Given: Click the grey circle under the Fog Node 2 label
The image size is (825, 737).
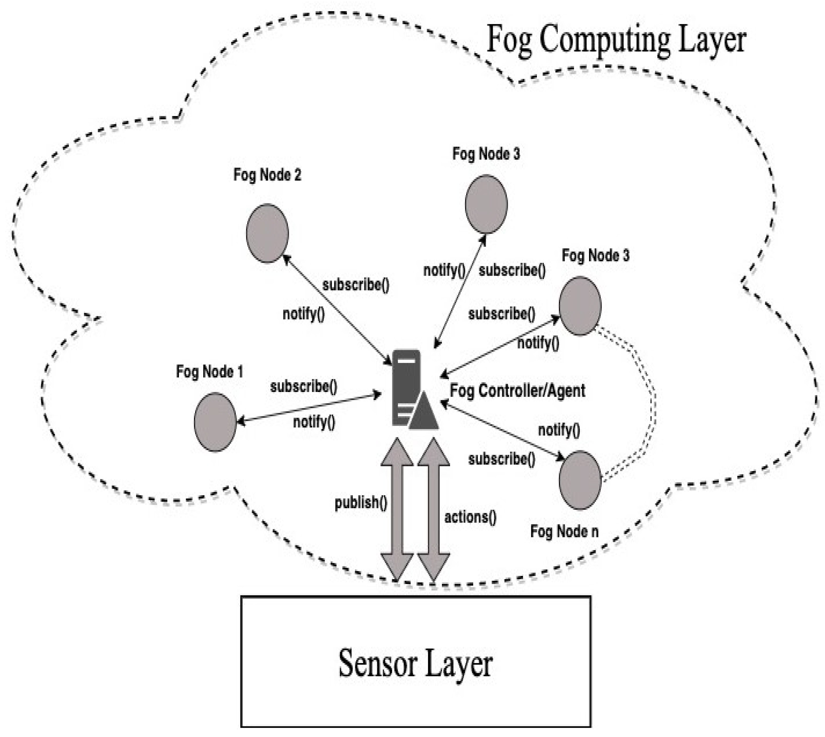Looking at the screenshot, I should (267, 233).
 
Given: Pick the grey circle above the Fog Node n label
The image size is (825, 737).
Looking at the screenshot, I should (580, 480).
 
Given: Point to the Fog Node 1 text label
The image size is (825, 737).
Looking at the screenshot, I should (209, 372).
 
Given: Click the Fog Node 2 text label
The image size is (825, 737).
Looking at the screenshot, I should (267, 175).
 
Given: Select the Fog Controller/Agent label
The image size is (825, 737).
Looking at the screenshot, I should (517, 391).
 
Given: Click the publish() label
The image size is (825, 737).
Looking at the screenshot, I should (361, 503).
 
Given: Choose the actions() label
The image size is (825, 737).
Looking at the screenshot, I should (470, 517).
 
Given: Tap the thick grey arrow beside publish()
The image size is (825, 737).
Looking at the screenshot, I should (397, 509).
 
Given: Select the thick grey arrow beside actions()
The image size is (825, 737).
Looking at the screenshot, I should (433, 509).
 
